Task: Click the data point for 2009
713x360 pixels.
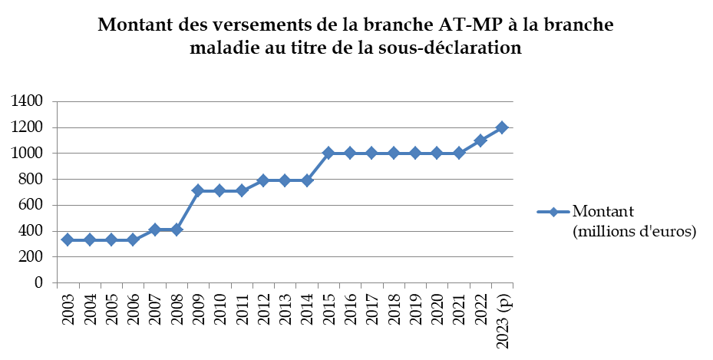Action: point(198,190)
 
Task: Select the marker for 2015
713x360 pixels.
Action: point(328,153)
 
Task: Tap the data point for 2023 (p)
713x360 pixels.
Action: point(502,127)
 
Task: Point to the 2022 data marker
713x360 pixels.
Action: point(480,140)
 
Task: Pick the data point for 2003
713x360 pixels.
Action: point(68,239)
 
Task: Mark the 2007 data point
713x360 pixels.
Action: point(154,229)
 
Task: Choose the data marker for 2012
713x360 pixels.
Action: point(263,180)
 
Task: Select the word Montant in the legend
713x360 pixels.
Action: point(603,212)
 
